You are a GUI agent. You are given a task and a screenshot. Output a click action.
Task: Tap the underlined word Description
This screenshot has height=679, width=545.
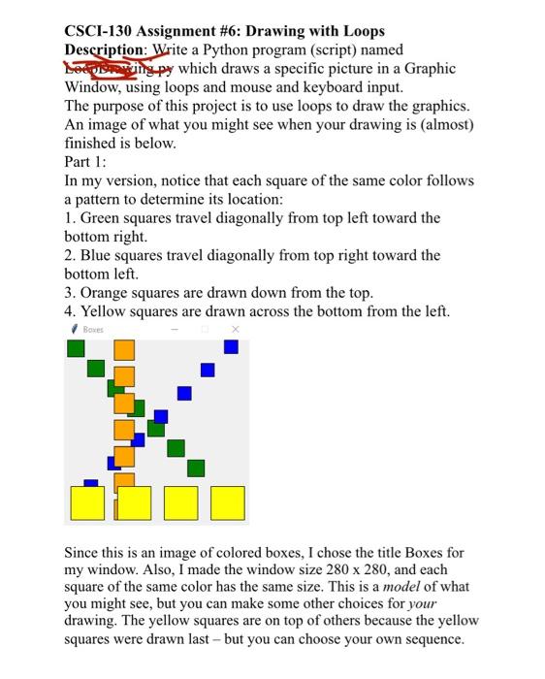pos(106,49)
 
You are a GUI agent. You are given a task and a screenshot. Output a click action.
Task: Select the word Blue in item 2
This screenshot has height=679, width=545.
pos(98,255)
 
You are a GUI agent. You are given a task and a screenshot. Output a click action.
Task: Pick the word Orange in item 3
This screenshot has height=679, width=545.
pos(109,292)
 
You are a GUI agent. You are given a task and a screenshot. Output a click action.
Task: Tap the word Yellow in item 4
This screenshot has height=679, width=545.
pos(107,310)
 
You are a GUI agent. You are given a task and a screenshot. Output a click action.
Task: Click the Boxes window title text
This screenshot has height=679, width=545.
pos(93,330)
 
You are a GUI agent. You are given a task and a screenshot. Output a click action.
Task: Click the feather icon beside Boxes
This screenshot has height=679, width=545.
pos(74,330)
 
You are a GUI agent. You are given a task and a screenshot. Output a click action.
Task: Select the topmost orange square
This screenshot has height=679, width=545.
pos(123,350)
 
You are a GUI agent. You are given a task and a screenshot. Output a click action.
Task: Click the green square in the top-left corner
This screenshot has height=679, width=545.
pos(75,348)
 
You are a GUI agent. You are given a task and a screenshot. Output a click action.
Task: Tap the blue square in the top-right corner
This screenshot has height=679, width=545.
pos(231,346)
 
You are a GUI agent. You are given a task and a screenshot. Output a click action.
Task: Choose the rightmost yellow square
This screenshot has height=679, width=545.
pos(227,502)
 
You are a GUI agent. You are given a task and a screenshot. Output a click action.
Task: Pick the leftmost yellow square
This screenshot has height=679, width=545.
pos(88,502)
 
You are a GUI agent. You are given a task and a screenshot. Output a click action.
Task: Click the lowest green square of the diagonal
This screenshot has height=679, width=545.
pos(196,469)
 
